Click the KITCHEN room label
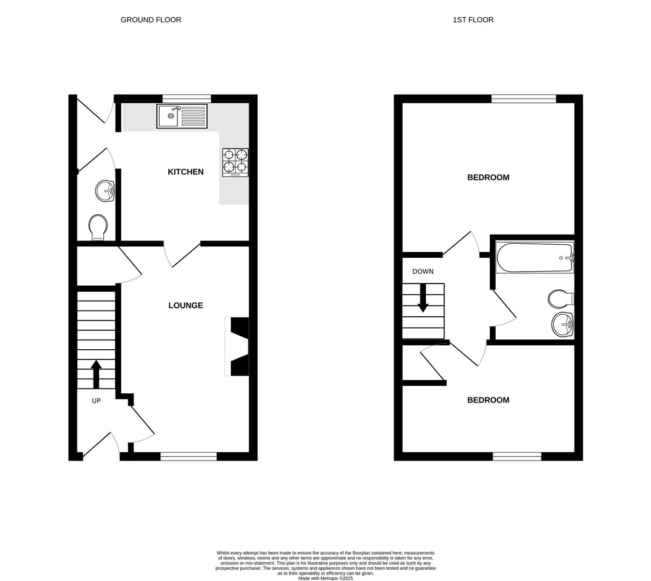pos(185,172)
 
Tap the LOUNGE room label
pos(185,306)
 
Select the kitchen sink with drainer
pos(182,116)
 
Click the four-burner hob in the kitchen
pos(235,162)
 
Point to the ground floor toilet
pos(98,228)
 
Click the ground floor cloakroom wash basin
pos(105,191)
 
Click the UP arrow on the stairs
pos(96,374)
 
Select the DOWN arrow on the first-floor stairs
pos(423,297)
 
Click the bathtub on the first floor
pos(535,258)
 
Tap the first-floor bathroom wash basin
pos(562,324)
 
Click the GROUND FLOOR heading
pos(151,20)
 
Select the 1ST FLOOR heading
pos(473,20)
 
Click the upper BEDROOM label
pos(488,178)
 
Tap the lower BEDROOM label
pos(488,400)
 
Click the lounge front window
pos(188,457)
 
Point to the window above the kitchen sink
pos(187,98)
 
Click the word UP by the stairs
pos(96,401)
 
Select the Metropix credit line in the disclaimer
pos(326,578)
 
